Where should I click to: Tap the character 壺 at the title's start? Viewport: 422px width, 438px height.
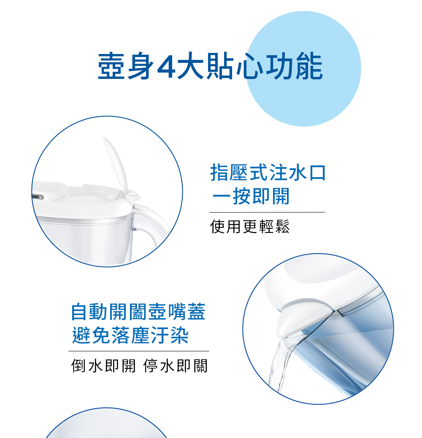coord(111,66)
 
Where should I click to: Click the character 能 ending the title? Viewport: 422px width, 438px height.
coord(309,66)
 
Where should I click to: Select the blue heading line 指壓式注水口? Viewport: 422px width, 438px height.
coord(268,172)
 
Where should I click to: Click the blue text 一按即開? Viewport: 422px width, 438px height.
coord(251,196)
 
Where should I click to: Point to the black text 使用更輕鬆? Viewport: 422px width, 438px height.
coord(250,226)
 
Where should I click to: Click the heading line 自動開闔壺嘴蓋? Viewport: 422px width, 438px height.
coord(138,311)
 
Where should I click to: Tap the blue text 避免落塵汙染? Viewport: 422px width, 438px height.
coord(130,335)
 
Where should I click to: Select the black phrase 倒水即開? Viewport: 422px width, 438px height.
coord(103,366)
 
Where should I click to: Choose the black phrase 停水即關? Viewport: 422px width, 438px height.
coord(176,366)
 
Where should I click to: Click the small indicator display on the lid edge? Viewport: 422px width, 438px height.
coord(38,197)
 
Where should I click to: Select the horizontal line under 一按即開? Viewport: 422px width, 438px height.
coord(267,212)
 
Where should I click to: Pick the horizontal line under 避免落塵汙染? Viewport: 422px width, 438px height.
coord(139,351)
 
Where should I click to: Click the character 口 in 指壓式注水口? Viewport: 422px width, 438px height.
coord(317,173)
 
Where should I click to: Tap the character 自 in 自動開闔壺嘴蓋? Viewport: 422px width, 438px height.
coord(79,311)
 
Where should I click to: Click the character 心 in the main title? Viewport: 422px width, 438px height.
coord(250,66)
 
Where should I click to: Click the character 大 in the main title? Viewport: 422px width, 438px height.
coord(190,66)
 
